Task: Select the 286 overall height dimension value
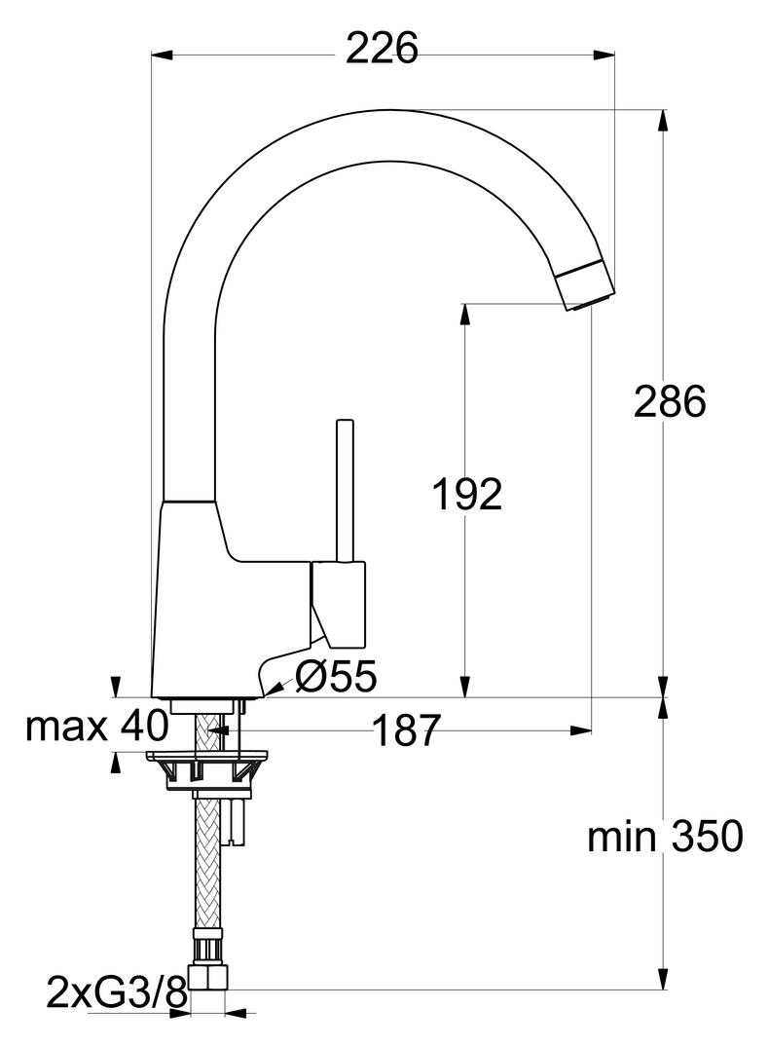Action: point(669,401)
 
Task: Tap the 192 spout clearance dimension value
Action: point(467,495)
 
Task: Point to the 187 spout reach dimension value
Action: point(407,730)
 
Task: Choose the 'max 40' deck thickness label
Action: point(96,725)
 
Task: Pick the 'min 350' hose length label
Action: point(665,836)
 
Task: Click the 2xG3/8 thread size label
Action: point(116,993)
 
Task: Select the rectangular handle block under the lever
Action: point(339,604)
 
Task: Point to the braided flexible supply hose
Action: point(207,857)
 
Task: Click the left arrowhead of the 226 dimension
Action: point(159,56)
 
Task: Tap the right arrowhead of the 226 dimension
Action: point(607,56)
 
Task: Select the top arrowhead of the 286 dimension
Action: point(663,118)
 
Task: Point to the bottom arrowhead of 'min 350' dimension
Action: point(663,981)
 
